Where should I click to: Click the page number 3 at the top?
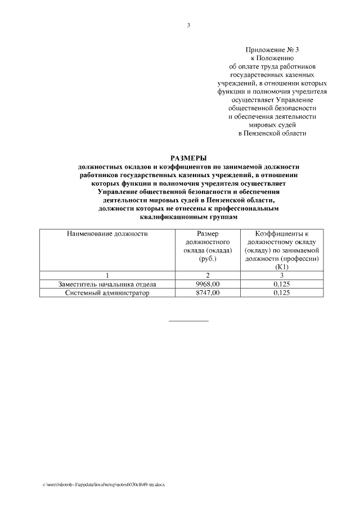188,25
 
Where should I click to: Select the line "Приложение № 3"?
272,50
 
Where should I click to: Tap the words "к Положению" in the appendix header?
272,58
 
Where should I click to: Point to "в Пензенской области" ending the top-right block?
272,133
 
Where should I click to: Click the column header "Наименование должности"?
107,233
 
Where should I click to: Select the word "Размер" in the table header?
207,233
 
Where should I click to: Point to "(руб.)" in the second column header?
207,259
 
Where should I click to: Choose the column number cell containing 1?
107,276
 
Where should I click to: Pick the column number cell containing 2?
207,276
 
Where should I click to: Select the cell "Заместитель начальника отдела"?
107,285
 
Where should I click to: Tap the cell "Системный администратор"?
107,293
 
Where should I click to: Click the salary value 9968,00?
207,285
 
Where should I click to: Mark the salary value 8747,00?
207,293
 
